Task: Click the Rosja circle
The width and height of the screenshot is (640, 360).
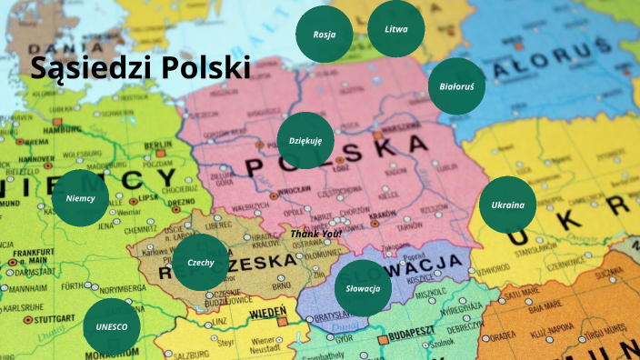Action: (x=325, y=35)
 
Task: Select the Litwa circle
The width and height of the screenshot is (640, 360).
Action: (x=396, y=29)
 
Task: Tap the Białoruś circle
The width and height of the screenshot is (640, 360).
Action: (x=456, y=86)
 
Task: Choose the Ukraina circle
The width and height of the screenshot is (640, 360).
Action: (x=507, y=205)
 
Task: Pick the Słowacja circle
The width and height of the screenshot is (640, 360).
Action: (x=363, y=288)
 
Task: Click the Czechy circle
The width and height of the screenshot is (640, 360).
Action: (x=200, y=262)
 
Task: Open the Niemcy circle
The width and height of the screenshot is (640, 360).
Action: (x=80, y=197)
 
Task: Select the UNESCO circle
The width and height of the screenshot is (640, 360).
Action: (x=111, y=325)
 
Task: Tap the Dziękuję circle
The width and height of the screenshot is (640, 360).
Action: (x=305, y=141)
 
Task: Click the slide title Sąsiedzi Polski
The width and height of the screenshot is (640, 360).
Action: (x=140, y=68)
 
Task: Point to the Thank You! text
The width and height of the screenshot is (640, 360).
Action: (x=316, y=234)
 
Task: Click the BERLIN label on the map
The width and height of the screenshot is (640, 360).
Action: (x=157, y=145)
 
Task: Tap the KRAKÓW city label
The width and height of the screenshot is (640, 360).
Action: (x=383, y=214)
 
